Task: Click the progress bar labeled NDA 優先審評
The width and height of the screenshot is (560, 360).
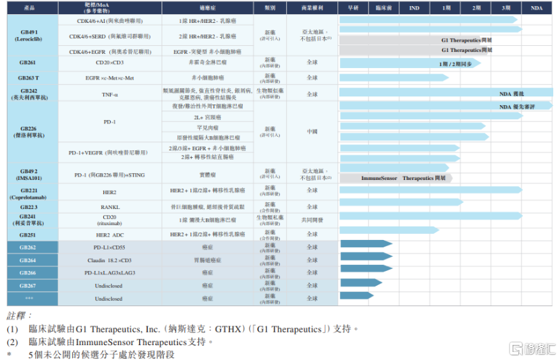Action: [445, 107]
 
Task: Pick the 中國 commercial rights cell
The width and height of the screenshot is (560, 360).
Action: [312, 131]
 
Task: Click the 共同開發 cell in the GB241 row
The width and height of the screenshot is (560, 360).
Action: [312, 220]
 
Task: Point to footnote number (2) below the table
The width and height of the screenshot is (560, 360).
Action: [13, 342]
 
